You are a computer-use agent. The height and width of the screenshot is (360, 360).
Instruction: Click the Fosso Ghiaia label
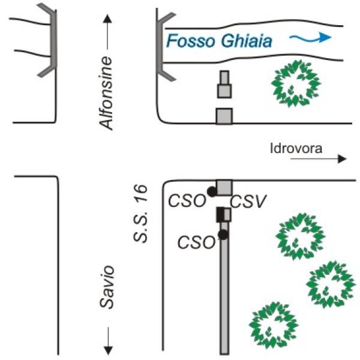click(x=220, y=41)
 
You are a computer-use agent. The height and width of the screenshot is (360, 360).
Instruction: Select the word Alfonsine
click(x=107, y=93)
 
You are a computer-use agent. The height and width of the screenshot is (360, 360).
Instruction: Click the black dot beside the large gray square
click(x=211, y=191)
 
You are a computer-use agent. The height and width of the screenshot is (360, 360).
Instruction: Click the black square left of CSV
click(x=220, y=214)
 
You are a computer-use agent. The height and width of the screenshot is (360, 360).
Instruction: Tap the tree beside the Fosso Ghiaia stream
click(x=296, y=84)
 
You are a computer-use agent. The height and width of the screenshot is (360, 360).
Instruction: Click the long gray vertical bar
click(x=224, y=300)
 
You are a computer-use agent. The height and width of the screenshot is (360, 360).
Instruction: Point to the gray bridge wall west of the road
click(x=49, y=39)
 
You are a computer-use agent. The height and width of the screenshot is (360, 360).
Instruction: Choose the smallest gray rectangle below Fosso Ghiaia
click(x=224, y=78)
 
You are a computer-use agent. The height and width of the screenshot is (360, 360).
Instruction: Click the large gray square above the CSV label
click(x=224, y=187)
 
